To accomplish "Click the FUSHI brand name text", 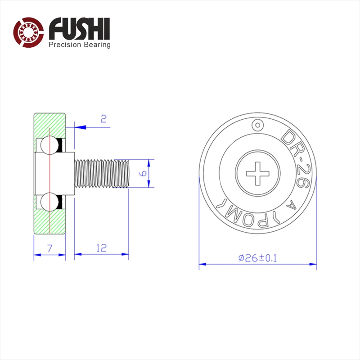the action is pos(80,29).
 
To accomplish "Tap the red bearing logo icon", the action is pos(28,32).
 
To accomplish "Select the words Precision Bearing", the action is pos(80,45).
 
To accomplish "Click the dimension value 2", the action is pos(103,119).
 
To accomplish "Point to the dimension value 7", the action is pos(50,248).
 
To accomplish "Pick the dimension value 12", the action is pos(102,248).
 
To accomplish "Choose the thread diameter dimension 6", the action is pos(143,173).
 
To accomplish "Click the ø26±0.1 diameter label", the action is pos(257,258).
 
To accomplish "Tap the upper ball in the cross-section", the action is pos(49,145).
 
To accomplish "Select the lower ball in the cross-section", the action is pos(49,202).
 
